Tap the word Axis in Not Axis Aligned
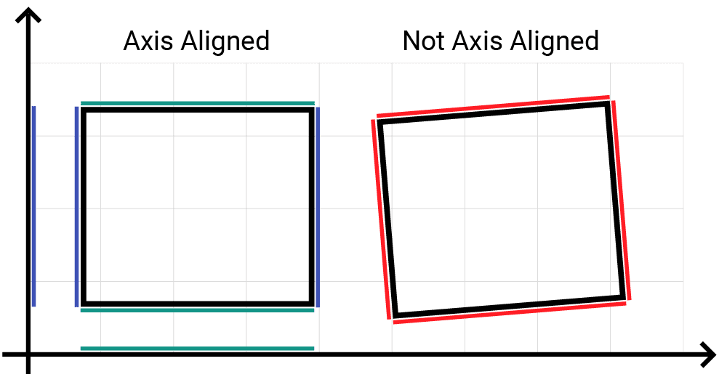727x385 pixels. (x=477, y=41)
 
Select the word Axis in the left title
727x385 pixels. (x=148, y=41)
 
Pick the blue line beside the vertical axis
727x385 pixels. (x=34, y=206)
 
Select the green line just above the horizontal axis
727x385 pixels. (x=198, y=349)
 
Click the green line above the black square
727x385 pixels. (x=198, y=103)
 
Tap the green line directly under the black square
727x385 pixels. (x=198, y=310)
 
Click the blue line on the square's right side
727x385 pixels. (x=318, y=206)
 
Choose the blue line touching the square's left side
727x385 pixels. (x=76, y=206)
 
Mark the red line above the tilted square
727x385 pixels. (x=493, y=106)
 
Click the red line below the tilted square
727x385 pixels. (x=510, y=312)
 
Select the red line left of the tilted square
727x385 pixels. (x=381, y=219)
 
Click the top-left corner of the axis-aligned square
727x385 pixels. (x=84, y=110)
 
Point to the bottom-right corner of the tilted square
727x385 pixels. (x=624, y=297)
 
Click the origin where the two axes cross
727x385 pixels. (x=28, y=355)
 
